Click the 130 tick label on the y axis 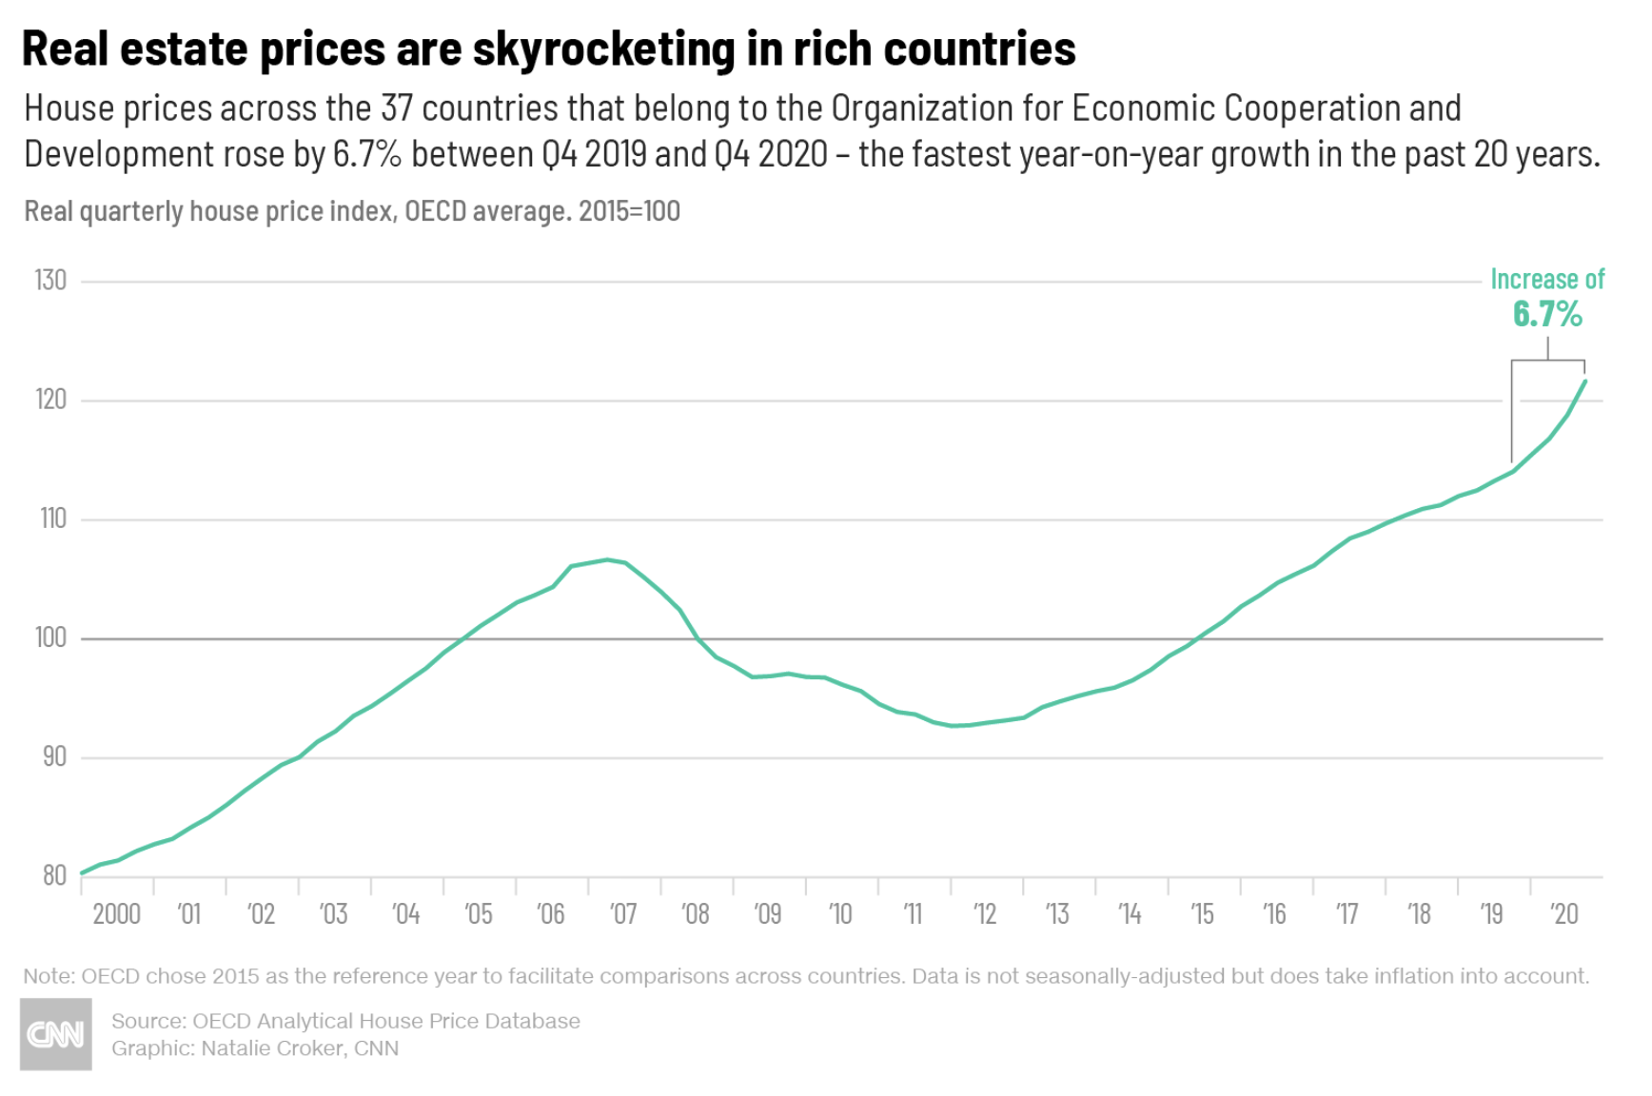[x=50, y=280]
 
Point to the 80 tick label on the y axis [x=54, y=876]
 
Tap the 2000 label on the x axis [x=116, y=914]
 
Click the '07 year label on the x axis [x=622, y=914]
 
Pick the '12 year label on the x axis [x=984, y=914]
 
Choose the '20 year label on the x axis [x=1563, y=914]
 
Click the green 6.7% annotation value [x=1547, y=313]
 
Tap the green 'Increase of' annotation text [x=1547, y=279]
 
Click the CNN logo [x=56, y=1034]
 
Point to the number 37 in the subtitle [x=397, y=108]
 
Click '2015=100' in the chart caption [x=629, y=210]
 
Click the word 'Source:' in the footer [x=148, y=1021]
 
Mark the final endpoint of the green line [x=1584, y=382]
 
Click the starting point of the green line [x=82, y=872]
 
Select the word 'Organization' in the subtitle [x=922, y=108]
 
